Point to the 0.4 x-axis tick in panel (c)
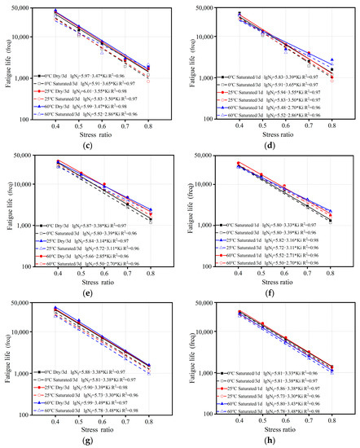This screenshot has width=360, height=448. click(x=55, y=121)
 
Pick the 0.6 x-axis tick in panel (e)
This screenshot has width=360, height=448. click(x=103, y=272)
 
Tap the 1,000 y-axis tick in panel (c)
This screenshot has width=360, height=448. click(x=22, y=79)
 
